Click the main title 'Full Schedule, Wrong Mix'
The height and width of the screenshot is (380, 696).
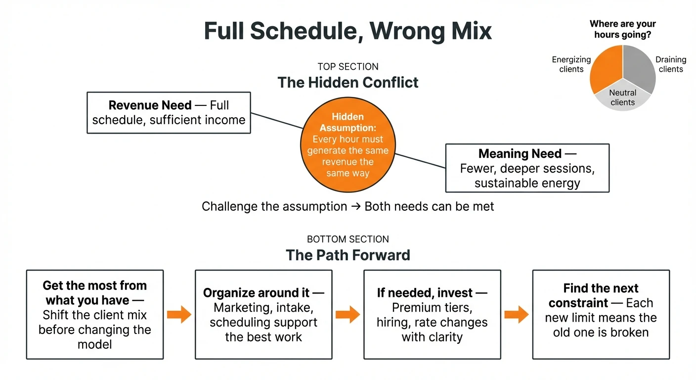point(348,31)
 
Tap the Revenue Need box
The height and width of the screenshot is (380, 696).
point(169,112)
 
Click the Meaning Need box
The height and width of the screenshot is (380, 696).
point(527,168)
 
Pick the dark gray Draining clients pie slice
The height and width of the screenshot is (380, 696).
point(640,67)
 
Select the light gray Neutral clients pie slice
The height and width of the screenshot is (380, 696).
point(623,99)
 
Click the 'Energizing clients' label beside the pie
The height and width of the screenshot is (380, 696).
point(571,64)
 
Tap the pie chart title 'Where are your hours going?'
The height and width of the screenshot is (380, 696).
point(622,29)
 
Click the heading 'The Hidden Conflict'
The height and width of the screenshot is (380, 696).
point(348,82)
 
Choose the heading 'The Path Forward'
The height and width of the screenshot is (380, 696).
point(348,255)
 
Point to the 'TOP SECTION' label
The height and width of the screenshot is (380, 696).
point(348,67)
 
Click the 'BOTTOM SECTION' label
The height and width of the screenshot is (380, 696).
point(348,239)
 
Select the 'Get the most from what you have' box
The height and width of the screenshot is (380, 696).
point(95,314)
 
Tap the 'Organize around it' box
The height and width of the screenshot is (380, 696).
point(263,314)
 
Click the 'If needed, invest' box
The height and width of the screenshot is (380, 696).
point(432,314)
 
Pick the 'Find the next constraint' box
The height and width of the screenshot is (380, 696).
point(601,314)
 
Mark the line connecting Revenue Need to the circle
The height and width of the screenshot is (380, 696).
point(277,121)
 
